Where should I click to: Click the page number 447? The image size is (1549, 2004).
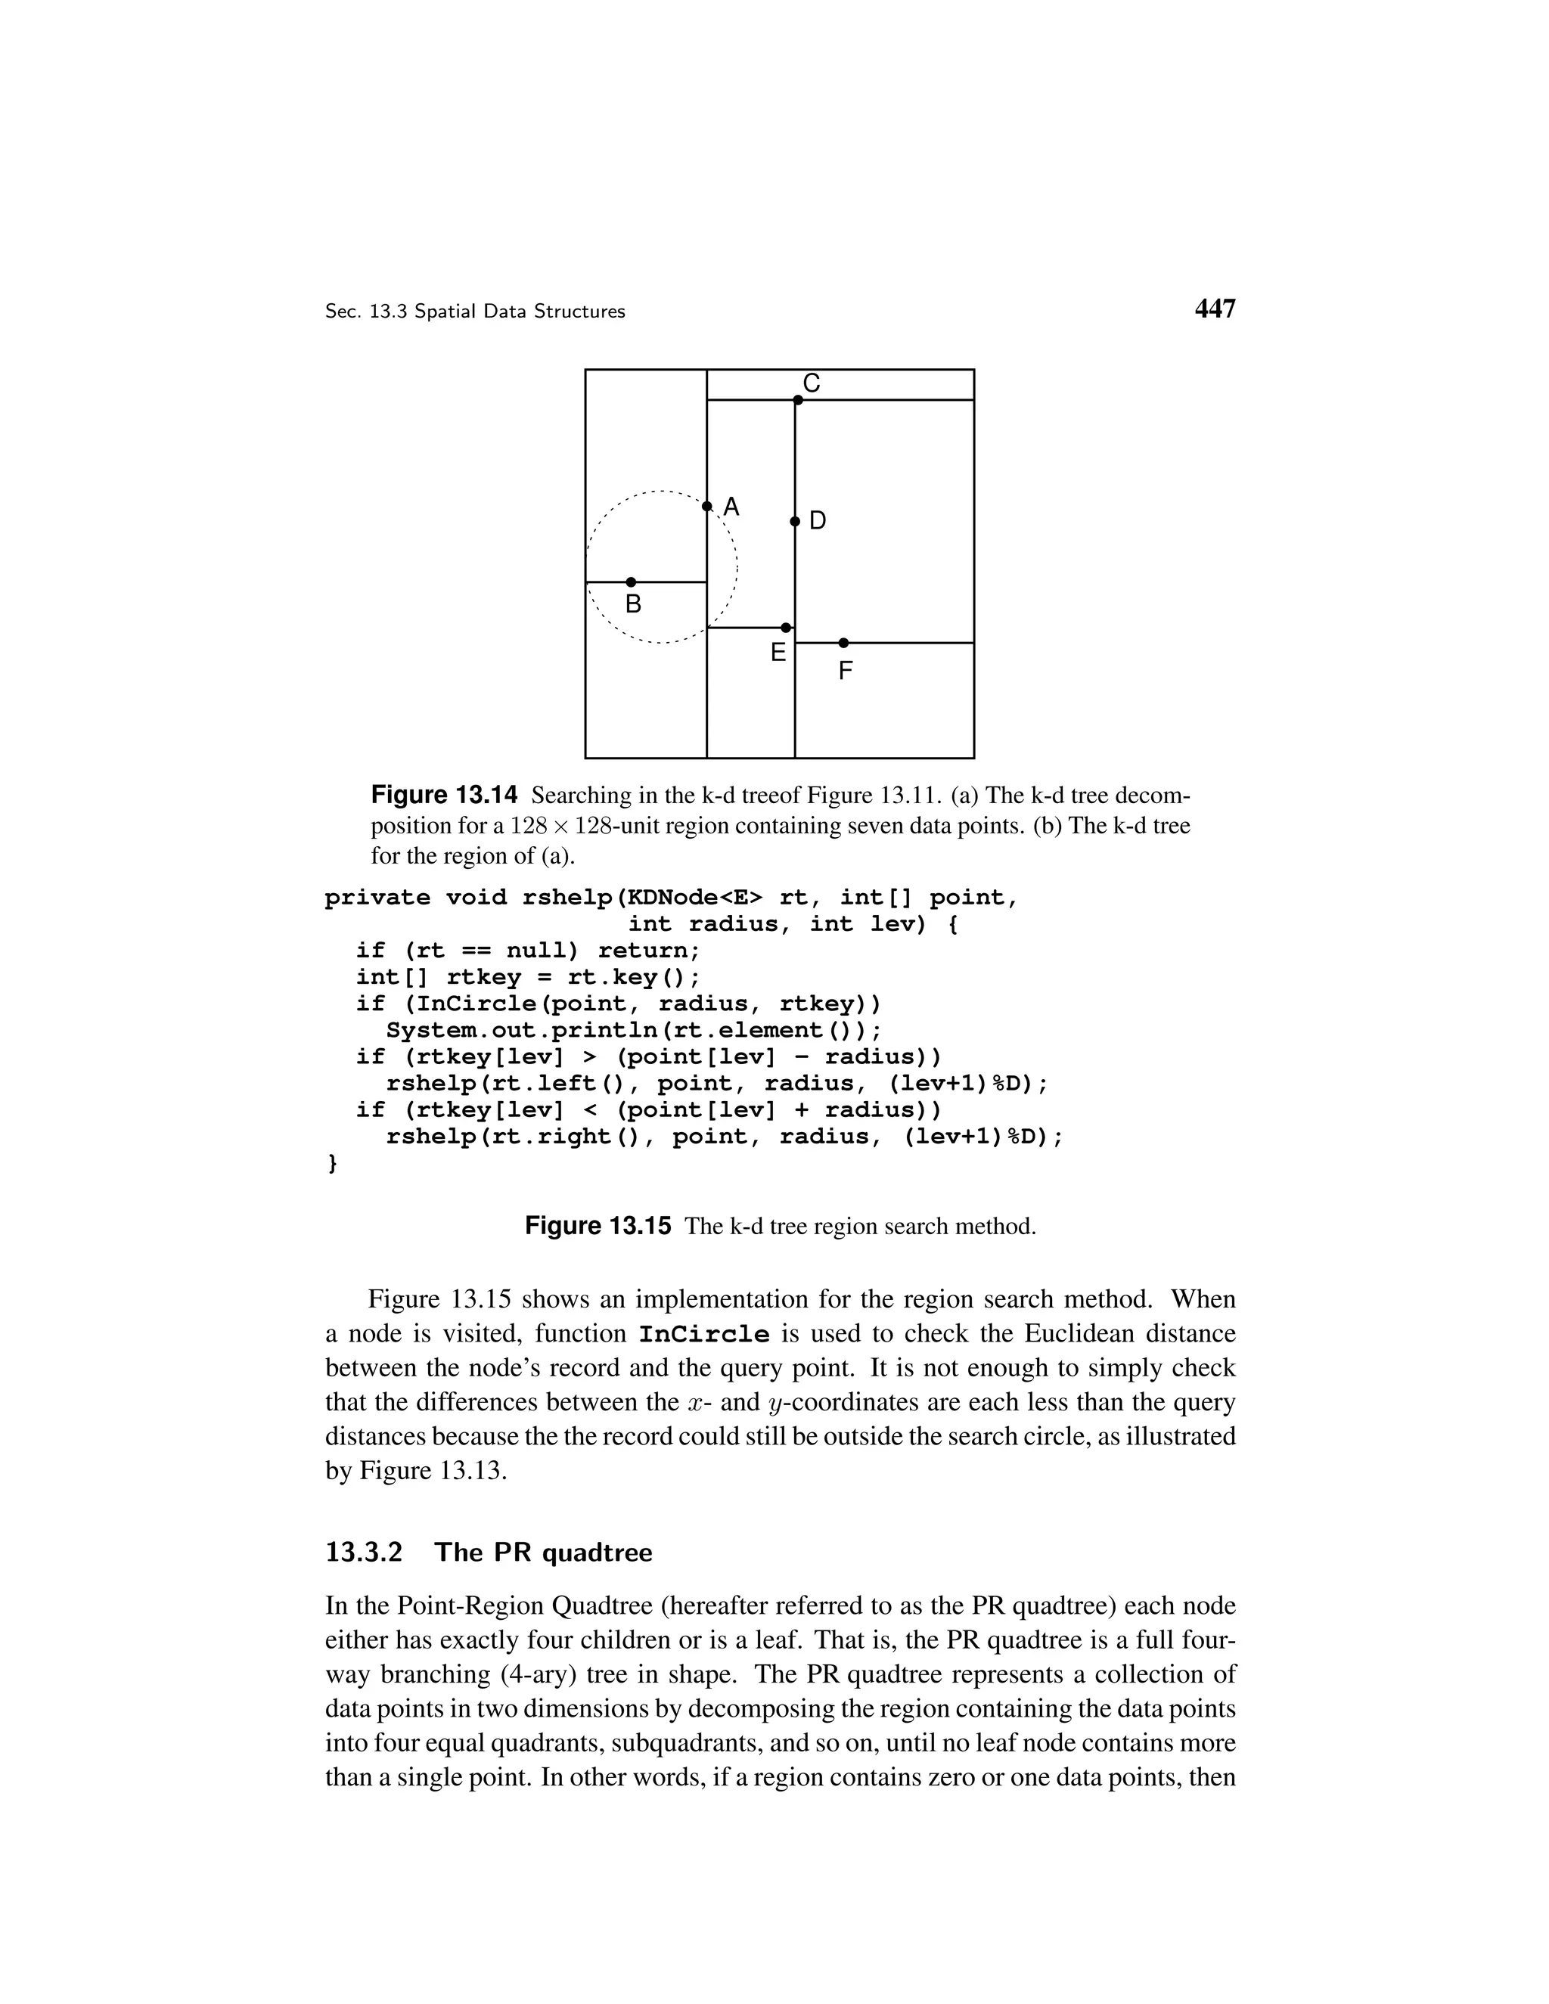tap(1215, 309)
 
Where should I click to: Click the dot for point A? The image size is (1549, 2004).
tap(706, 507)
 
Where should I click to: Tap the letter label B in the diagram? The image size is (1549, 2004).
tap(633, 605)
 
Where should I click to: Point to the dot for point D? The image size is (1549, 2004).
tap(795, 521)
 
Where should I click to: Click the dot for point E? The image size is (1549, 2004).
tap(786, 628)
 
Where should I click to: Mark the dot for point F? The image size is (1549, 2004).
tap(843, 642)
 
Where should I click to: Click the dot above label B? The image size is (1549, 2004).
tap(631, 582)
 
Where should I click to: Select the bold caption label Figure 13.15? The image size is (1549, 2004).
tap(598, 1226)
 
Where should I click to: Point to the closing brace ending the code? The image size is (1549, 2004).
tap(331, 1164)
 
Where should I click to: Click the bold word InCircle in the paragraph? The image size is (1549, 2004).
tap(704, 1334)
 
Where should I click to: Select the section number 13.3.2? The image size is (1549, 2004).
tap(365, 1553)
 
